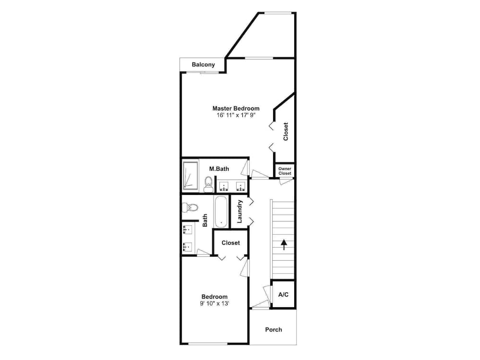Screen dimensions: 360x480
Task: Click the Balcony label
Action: tap(203, 64)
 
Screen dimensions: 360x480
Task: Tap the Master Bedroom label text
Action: tap(236, 108)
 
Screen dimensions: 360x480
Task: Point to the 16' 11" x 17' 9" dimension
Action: tap(236, 116)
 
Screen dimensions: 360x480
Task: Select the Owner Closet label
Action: tap(285, 171)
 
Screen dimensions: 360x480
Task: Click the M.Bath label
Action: tap(219, 168)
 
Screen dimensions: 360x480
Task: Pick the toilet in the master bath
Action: tap(208, 183)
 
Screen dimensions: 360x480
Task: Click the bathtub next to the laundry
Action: tap(221, 211)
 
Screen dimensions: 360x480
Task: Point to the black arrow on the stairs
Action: tap(284, 245)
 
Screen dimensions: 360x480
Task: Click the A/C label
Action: tap(284, 294)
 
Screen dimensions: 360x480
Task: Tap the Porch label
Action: tap(274, 330)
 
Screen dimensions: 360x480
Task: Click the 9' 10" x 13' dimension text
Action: tap(215, 303)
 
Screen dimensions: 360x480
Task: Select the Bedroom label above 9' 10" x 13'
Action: tap(215, 297)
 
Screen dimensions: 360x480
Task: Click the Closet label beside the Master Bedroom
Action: tap(286, 132)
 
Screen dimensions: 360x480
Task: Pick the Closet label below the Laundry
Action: tap(231, 243)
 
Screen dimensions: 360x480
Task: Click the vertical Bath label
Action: tap(205, 220)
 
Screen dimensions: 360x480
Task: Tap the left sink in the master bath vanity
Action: tap(224, 185)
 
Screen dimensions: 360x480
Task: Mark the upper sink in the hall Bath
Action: tap(188, 229)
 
